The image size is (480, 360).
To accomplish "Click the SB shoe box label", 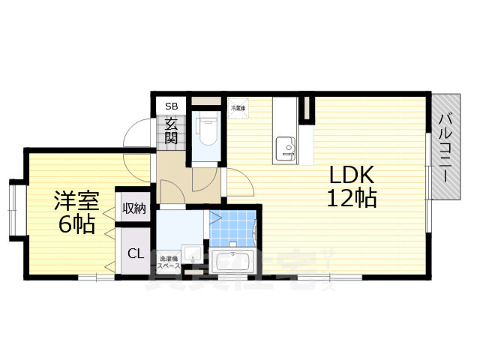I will click(171, 105).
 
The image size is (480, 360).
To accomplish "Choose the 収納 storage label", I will click(135, 208).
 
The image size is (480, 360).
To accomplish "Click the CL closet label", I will click(135, 253).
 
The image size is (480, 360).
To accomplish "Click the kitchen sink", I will click(285, 147).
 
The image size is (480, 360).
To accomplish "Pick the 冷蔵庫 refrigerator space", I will click(238, 106).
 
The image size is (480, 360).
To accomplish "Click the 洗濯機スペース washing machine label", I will click(168, 262).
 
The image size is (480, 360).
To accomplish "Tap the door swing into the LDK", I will click(238, 184).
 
